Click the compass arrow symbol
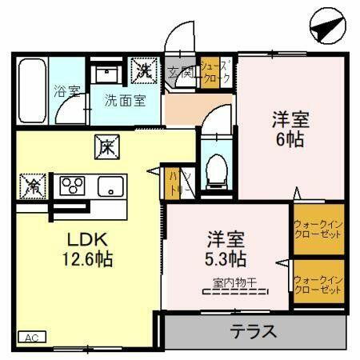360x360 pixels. coord(325,30)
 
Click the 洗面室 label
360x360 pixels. coord(126,101)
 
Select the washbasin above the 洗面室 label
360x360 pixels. coord(106,74)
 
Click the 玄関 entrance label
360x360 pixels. coord(181,74)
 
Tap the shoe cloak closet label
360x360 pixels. coord(216,73)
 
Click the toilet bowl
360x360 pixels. coord(215,169)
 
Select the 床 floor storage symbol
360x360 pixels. coord(106,147)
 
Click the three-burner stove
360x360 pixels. coord(74,186)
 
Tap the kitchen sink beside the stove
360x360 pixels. coord(108,186)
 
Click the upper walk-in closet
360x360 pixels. coord(318,231)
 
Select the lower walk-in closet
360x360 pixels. coord(318,283)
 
